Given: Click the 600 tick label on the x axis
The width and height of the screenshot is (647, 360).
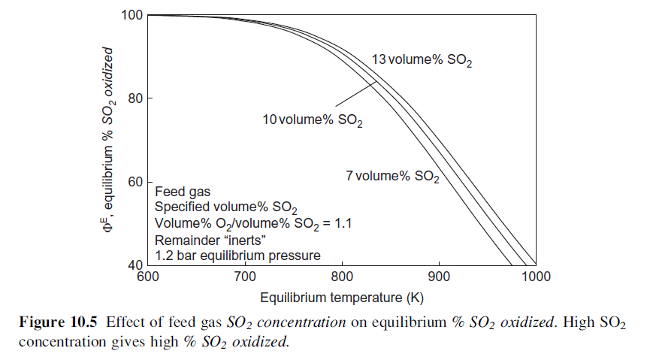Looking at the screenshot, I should point(147,277).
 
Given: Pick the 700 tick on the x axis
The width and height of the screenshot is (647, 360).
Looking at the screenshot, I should point(245,277).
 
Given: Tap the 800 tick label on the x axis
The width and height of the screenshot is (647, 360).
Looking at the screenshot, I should point(342,277).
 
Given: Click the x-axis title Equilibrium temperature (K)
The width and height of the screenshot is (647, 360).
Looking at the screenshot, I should point(342,297).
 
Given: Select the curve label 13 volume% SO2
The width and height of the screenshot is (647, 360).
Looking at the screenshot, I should point(422,60).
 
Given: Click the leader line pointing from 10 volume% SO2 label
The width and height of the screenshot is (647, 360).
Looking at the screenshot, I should point(353,96).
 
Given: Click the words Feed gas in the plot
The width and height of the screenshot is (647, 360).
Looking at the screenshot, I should point(177,192).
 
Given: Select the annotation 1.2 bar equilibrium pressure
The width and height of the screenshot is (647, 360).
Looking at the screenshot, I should point(237,255).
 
